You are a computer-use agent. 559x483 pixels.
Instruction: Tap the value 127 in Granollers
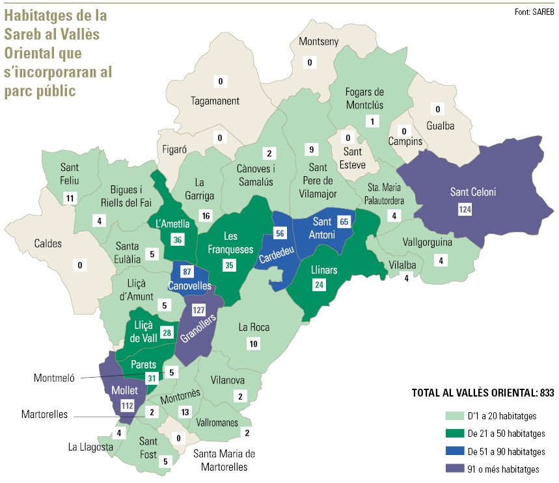pyautogui.click(x=199, y=309)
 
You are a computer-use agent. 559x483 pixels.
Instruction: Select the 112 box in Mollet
pyautogui.click(x=127, y=406)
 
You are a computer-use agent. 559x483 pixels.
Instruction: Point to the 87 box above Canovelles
pyautogui.click(x=187, y=270)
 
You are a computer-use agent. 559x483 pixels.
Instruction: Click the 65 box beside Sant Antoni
pyautogui.click(x=345, y=222)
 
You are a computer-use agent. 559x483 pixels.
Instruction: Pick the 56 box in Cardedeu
pyautogui.click(x=280, y=233)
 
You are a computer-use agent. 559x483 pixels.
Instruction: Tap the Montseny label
pyautogui.click(x=318, y=42)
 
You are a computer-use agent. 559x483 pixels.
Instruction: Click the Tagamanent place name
pyautogui.click(x=215, y=101)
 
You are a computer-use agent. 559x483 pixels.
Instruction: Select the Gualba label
pyautogui.click(x=440, y=125)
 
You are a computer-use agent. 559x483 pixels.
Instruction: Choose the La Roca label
pyautogui.click(x=254, y=328)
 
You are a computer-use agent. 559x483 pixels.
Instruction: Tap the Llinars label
pyautogui.click(x=323, y=270)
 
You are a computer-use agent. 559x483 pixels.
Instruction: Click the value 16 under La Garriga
pyautogui.click(x=206, y=216)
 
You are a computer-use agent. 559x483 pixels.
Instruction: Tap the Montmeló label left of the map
pyautogui.click(x=54, y=378)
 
